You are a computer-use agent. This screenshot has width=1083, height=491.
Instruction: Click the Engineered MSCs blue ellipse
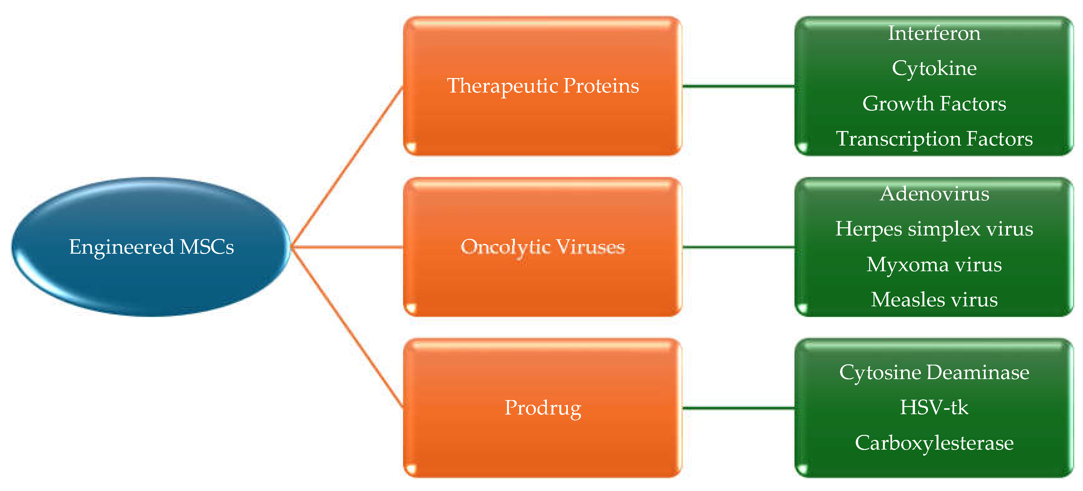[151, 246]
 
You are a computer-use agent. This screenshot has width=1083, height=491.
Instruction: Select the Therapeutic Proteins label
[542, 86]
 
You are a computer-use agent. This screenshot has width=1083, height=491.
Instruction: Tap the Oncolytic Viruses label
[542, 247]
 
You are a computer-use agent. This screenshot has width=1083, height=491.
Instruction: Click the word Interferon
[934, 33]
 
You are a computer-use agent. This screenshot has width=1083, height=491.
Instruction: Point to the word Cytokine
[934, 68]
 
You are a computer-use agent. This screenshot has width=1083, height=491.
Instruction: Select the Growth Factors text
[934, 103]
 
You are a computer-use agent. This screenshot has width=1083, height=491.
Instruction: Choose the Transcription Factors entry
[934, 139]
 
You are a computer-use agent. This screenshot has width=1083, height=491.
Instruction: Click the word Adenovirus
[934, 194]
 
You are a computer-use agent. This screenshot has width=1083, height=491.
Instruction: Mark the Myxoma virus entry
[934, 264]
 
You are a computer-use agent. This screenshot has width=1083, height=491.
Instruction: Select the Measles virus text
[934, 300]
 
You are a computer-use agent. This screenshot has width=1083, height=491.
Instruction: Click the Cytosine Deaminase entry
[934, 372]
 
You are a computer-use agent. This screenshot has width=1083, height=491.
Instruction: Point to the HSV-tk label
[934, 407]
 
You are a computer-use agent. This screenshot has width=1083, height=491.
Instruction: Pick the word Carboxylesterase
[934, 443]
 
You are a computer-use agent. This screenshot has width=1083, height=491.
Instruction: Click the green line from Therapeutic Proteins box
[738, 86]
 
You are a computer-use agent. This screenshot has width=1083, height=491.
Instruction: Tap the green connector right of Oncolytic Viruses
[738, 247]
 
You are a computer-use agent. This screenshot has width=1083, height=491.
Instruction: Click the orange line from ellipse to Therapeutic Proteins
[347, 166]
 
